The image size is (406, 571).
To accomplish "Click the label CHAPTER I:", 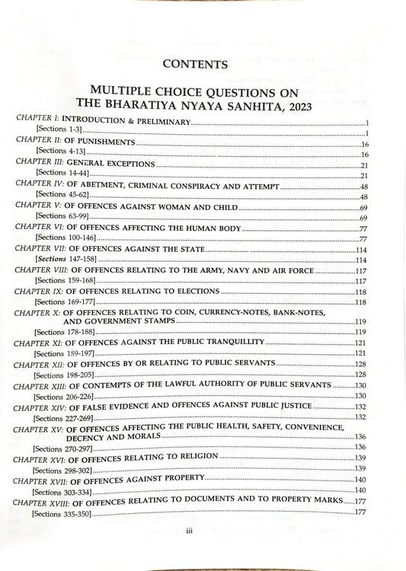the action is [x=35, y=122].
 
